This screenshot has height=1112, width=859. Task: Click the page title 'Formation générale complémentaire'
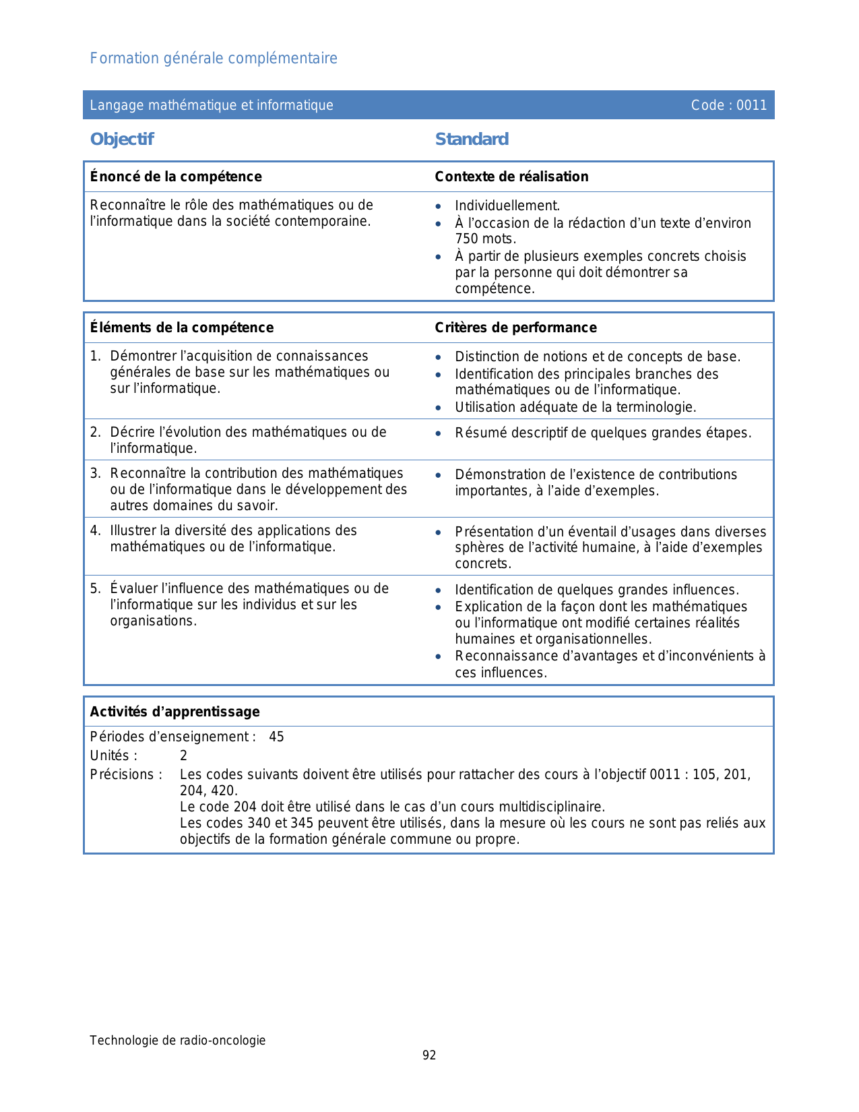coord(214,59)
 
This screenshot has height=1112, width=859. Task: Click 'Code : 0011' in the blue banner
coord(729,105)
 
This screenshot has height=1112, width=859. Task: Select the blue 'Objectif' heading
coord(122,140)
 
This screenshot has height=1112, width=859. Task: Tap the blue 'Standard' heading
coord(472,140)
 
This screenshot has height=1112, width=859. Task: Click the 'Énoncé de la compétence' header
coord(176,177)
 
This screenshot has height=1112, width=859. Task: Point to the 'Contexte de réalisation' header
coord(511,177)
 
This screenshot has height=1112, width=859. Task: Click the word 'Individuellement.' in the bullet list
coord(507,206)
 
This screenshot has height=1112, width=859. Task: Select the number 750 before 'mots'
coord(466,239)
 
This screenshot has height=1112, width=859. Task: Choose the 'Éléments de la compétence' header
coord(182,328)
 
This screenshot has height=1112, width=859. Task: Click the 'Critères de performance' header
coord(515,328)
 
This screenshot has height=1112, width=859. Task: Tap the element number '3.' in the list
coord(96,474)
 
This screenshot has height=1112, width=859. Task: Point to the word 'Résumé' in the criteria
coord(478,433)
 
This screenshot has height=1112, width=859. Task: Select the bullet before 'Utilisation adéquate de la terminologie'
coord(439,408)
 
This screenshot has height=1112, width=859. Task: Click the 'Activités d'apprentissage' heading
coord(175,712)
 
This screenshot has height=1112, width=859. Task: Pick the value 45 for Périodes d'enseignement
coord(276,737)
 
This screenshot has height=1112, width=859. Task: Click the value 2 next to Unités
coord(183,756)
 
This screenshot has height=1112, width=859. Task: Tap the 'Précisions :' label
coord(126,775)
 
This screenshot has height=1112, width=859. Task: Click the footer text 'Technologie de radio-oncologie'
coord(178,1041)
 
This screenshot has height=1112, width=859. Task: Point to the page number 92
coord(429,1055)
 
